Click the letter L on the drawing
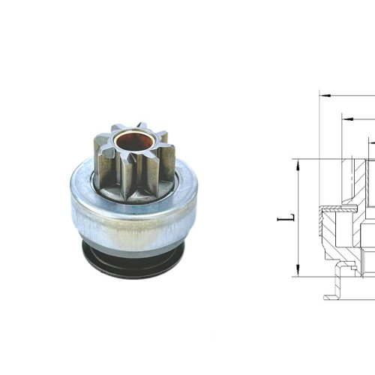pos(284,218)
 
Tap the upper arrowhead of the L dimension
pos(298,163)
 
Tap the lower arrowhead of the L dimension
pos(298,271)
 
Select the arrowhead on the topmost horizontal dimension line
pos(324,96)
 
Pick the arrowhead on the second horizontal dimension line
pos(347,118)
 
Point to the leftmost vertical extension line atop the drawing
pos(319,120)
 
